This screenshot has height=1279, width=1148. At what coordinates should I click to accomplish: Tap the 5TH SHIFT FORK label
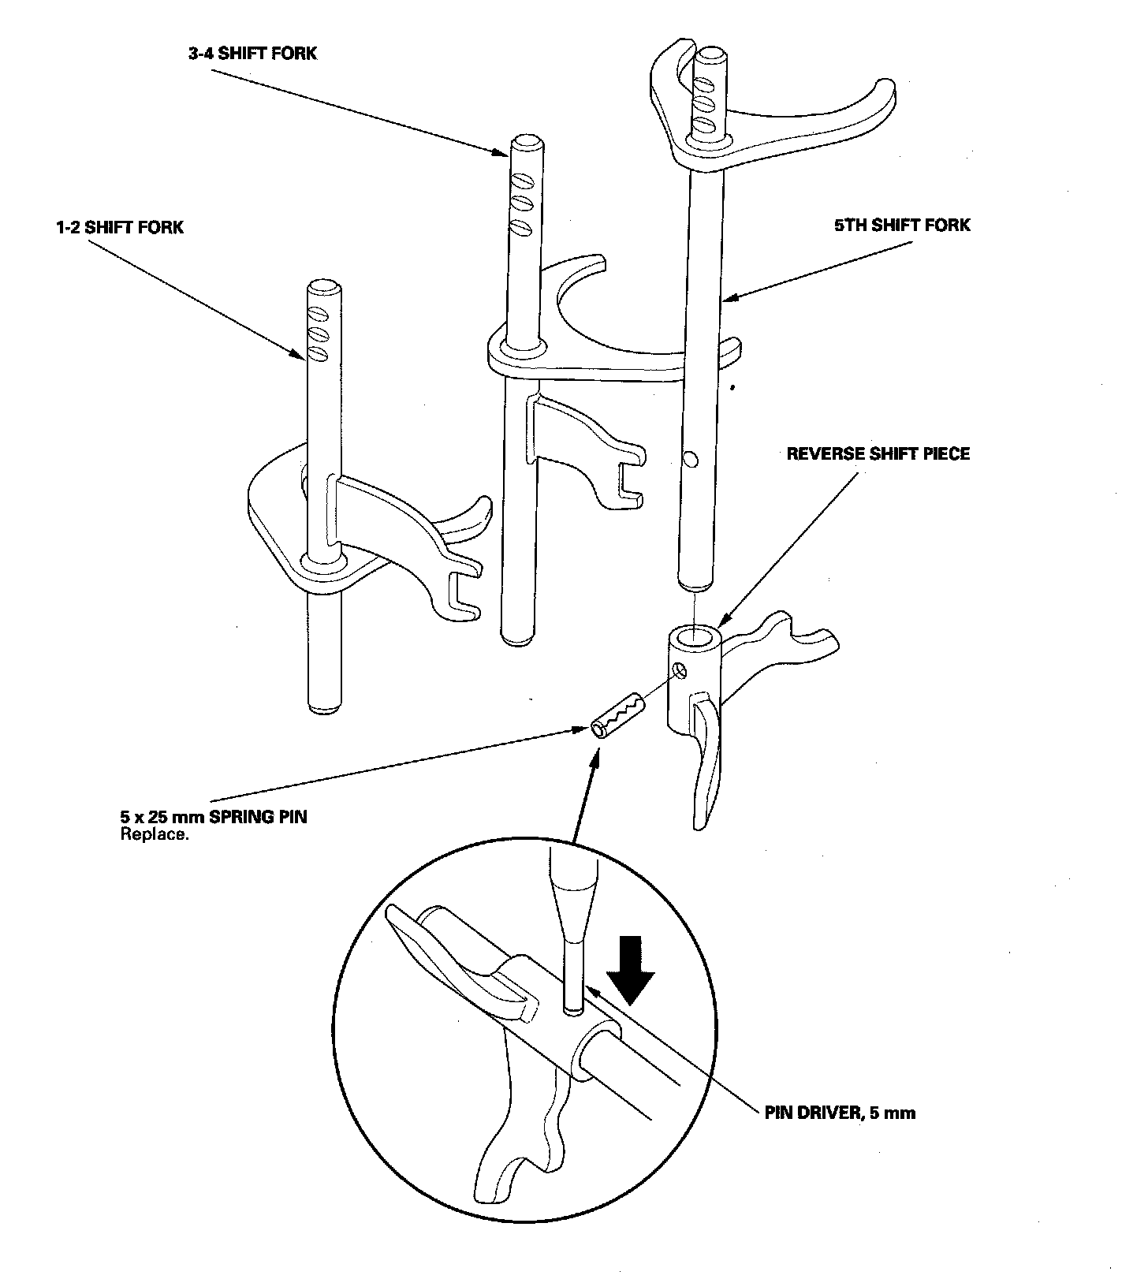point(903,226)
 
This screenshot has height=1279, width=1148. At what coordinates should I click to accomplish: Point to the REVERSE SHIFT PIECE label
point(878,453)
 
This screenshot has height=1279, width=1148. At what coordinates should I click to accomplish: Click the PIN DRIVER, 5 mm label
point(840,1113)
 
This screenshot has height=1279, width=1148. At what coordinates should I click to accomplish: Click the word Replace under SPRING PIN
point(155,834)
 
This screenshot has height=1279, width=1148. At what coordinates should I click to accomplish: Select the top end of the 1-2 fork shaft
point(324,285)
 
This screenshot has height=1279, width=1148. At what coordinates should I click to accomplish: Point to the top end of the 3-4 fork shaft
point(525,142)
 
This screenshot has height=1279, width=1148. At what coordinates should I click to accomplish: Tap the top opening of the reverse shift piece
point(696,635)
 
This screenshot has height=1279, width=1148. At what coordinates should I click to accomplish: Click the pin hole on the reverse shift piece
point(681,671)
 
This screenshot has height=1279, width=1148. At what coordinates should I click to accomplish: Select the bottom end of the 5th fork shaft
point(695,585)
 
